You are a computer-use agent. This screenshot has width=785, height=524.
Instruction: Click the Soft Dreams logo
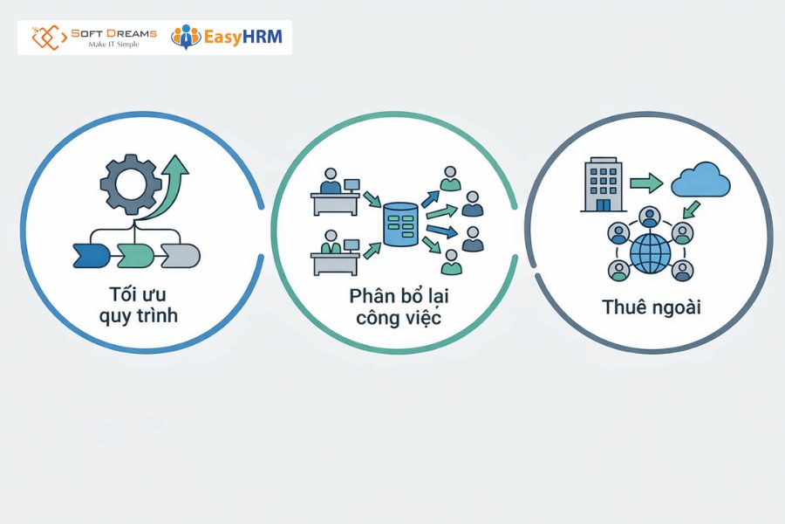pyautogui.click(x=94, y=37)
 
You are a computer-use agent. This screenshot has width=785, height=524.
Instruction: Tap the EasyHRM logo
pyautogui.click(x=226, y=37)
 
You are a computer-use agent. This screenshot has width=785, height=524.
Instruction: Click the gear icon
pyautogui.click(x=130, y=184)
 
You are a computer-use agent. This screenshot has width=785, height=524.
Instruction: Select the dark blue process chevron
pyautogui.click(x=91, y=256)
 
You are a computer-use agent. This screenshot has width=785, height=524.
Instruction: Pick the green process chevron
pyautogui.click(x=135, y=256)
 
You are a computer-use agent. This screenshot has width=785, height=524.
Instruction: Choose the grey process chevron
pyautogui.click(x=181, y=256)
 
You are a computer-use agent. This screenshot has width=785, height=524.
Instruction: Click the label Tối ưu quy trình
pyautogui.click(x=138, y=305)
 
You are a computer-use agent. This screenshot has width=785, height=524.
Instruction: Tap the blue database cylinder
pyautogui.click(x=400, y=224)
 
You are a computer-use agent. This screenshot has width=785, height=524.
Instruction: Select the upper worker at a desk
pyautogui.click(x=335, y=191)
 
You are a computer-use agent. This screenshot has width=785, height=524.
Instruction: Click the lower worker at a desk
pyautogui.click(x=335, y=252)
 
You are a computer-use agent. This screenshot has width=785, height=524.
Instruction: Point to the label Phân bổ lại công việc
pyautogui.click(x=399, y=307)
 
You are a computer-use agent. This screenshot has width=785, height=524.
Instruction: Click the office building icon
pyautogui.click(x=604, y=184)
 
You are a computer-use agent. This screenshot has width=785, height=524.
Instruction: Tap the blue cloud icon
pyautogui.click(x=700, y=180)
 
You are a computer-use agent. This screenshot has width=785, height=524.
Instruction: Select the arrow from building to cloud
pyautogui.click(x=646, y=183)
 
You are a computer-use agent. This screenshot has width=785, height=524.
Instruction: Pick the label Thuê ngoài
pyautogui.click(x=651, y=307)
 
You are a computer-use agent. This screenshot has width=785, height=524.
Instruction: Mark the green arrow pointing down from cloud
pyautogui.click(x=692, y=210)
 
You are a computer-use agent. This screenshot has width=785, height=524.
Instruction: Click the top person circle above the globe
pyautogui.click(x=649, y=217)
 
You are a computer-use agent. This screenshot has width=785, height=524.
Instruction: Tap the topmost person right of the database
pyautogui.click(x=450, y=178)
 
